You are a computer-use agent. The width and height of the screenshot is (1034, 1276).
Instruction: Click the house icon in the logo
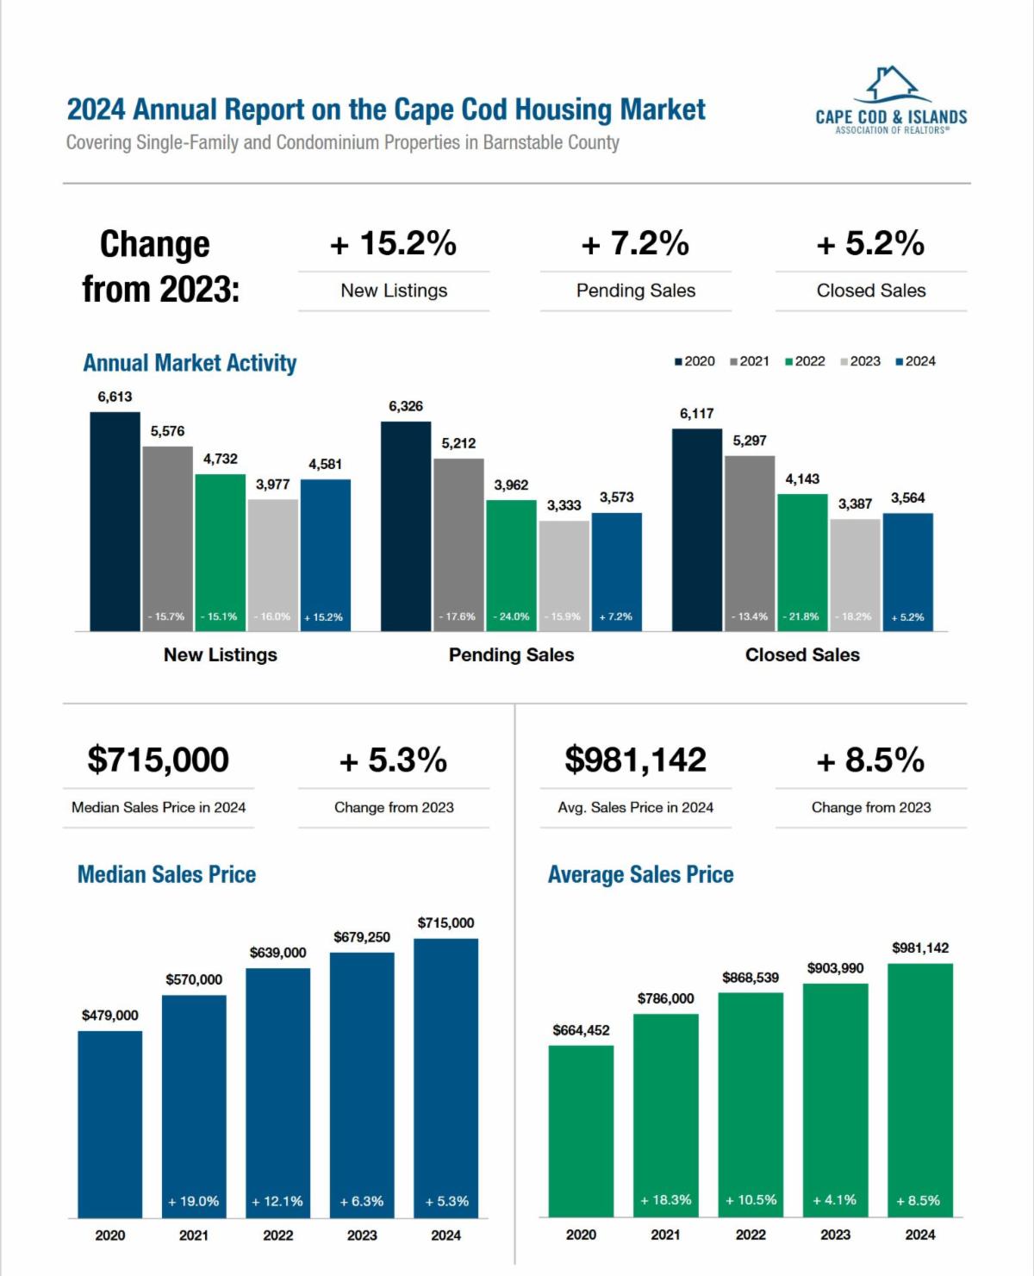click(x=891, y=84)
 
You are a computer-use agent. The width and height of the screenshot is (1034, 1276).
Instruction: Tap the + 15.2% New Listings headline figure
click(x=394, y=244)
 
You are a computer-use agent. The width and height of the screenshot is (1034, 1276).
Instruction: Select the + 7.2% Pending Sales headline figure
click(x=636, y=244)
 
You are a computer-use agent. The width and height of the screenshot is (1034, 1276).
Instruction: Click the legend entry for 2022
click(x=805, y=361)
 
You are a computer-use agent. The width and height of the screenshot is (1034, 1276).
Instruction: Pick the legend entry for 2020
click(x=695, y=361)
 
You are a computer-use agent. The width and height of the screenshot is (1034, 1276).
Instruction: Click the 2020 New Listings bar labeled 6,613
click(x=115, y=522)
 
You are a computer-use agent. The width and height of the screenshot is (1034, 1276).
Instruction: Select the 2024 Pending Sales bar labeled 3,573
click(x=617, y=572)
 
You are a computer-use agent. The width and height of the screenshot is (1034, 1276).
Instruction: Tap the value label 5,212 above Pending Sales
click(x=458, y=443)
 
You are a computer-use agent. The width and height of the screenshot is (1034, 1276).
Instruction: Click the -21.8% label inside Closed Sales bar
click(x=802, y=616)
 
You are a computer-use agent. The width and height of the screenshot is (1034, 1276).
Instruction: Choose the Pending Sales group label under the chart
click(x=511, y=655)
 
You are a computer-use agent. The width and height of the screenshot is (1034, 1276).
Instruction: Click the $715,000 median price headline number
click(x=159, y=760)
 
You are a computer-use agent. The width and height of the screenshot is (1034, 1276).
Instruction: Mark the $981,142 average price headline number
click(x=636, y=760)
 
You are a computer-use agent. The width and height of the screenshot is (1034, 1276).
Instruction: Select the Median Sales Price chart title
click(x=166, y=874)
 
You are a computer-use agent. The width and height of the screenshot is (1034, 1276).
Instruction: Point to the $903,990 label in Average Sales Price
click(x=835, y=968)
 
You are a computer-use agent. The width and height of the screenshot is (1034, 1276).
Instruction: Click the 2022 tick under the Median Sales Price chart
click(x=277, y=1235)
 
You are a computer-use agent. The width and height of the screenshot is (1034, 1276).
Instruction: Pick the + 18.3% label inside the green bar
click(x=665, y=1200)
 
